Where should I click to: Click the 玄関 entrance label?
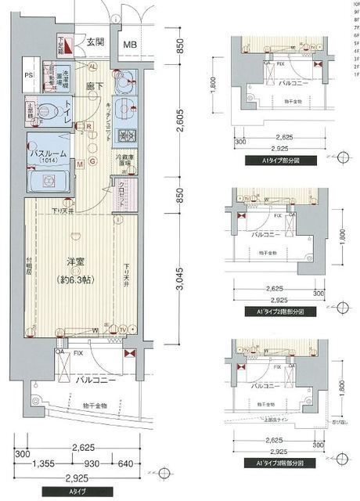[95, 42]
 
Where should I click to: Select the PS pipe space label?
[28, 76]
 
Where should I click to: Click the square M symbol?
[81, 164]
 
